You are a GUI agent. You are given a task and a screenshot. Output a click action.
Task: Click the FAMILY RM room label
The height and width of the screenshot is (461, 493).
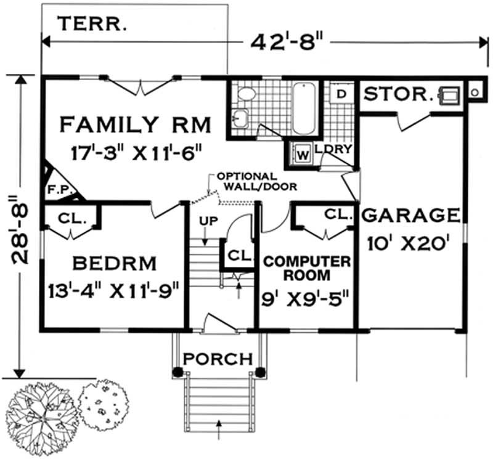click(x=135, y=124)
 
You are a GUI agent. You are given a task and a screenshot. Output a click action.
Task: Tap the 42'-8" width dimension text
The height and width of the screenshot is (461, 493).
click(x=287, y=42)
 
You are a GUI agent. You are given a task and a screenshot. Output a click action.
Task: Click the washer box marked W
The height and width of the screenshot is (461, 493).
click(x=303, y=154)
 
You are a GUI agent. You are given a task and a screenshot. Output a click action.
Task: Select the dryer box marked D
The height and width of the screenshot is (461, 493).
click(x=341, y=94)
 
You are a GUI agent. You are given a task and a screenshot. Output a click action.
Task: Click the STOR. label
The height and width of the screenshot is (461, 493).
click(x=397, y=94)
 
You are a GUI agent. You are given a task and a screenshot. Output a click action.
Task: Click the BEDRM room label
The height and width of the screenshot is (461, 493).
click(x=114, y=264)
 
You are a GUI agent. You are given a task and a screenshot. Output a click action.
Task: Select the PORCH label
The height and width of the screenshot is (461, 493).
click(x=218, y=358)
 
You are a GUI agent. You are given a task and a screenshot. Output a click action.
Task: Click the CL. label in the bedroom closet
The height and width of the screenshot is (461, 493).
click(x=71, y=218)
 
